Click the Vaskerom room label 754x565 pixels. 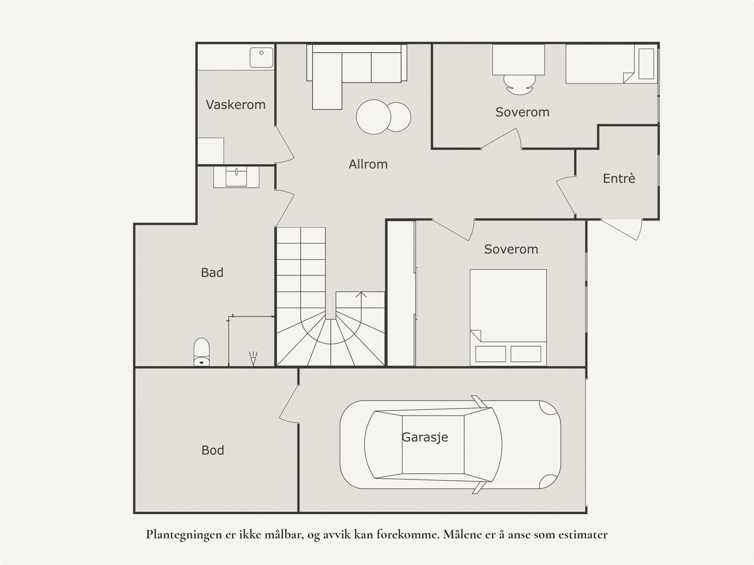pos(236,105)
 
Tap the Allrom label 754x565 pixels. pos(368,164)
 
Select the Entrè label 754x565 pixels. pos(619,178)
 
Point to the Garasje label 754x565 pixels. pos(425,437)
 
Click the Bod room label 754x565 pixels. pos(213,450)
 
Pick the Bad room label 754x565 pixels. pos(212,273)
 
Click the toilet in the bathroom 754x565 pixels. pos(202,352)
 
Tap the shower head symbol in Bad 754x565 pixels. pos(253,358)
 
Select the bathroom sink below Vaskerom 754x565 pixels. pos(237,177)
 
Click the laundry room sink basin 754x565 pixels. pos(262,58)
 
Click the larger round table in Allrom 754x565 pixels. pos(373,117)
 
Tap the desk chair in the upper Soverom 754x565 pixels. pos(519,84)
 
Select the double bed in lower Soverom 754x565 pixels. pos(508,317)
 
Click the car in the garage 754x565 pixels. pos(451,445)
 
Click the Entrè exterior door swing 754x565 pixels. pos(622,230)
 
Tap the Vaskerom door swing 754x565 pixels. pos(285,144)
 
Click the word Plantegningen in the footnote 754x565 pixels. pos(183,535)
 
